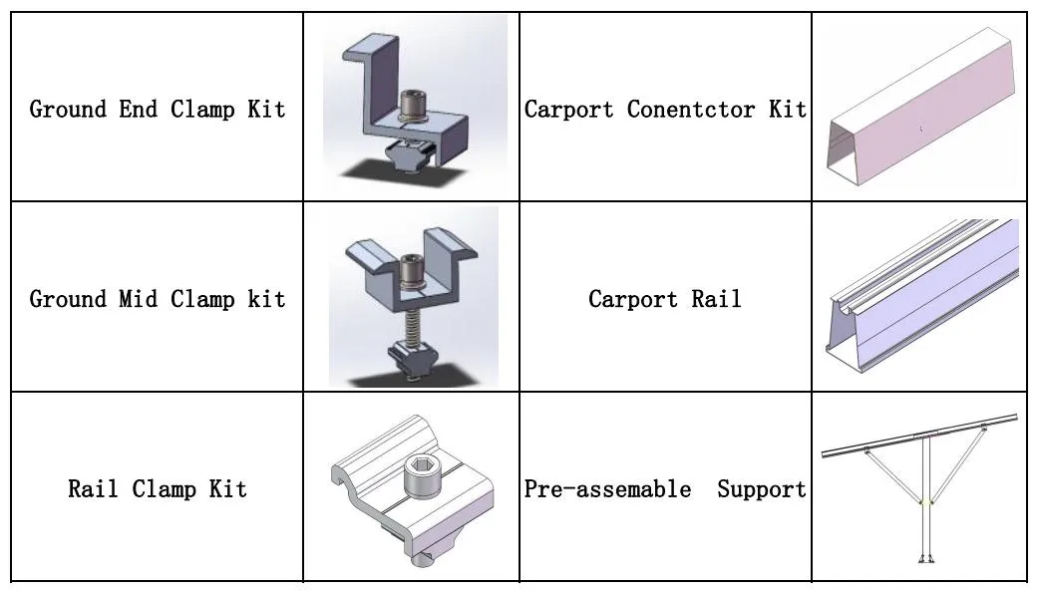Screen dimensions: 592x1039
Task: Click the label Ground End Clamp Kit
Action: click(x=158, y=109)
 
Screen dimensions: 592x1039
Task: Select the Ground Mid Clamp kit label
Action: click(x=158, y=298)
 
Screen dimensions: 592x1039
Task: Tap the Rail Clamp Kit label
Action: click(x=158, y=488)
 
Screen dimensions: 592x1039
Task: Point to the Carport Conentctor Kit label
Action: click(x=665, y=109)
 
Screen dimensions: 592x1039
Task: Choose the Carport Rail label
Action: click(x=665, y=298)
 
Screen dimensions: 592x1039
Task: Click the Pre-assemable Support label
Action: click(x=665, y=488)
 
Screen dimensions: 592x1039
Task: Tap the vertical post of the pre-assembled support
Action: click(x=925, y=498)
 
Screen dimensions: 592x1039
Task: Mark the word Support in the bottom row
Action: click(x=761, y=488)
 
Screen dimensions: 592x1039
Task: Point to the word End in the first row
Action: click(x=139, y=109)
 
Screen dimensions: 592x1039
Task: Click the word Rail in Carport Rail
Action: click(x=717, y=298)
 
